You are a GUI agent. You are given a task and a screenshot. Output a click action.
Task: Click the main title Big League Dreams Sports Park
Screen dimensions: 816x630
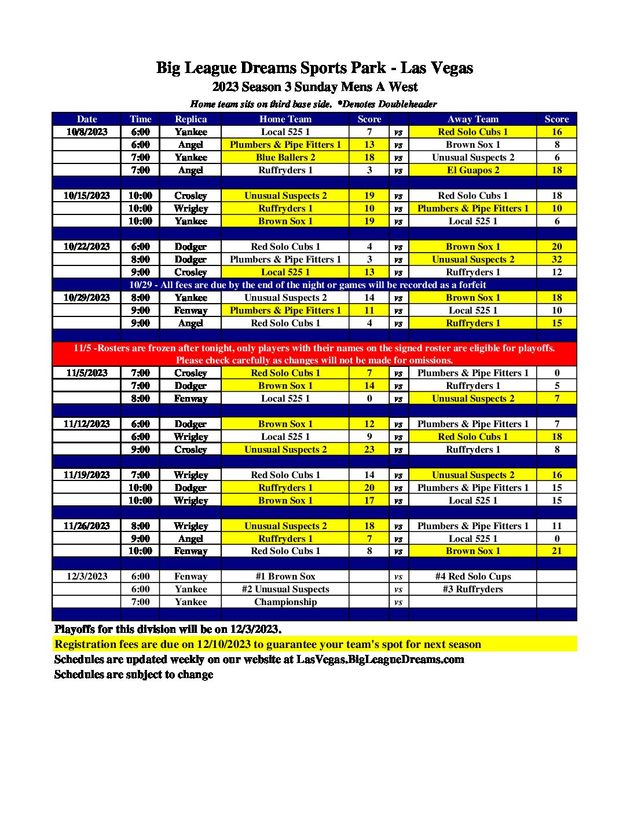coord(314,68)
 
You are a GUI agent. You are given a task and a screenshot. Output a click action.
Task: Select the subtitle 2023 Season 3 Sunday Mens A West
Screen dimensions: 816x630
coord(314,87)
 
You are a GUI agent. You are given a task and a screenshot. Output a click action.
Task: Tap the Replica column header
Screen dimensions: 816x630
coord(191,119)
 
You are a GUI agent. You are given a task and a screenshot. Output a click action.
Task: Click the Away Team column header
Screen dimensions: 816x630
coord(473,119)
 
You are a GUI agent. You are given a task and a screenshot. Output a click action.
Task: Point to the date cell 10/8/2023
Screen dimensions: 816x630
coord(87,132)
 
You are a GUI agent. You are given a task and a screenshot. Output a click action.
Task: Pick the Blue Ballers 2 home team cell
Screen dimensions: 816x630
coord(285,157)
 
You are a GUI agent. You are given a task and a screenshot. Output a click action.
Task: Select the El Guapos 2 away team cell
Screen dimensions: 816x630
coord(473,170)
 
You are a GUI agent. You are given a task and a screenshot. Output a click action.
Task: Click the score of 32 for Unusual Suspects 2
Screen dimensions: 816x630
coord(556,259)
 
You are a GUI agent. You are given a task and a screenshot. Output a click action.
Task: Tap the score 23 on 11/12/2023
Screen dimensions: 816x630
coord(369,449)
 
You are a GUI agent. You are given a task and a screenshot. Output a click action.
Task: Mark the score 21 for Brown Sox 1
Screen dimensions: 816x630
coord(556,551)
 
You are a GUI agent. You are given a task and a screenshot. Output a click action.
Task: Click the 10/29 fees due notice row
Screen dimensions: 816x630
coord(307,285)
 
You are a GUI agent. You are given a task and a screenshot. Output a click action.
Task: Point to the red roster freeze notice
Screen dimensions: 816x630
coord(314,354)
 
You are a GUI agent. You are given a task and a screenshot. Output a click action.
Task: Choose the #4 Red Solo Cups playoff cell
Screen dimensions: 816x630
coord(473,576)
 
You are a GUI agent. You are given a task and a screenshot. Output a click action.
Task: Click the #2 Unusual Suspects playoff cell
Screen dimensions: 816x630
coord(285,589)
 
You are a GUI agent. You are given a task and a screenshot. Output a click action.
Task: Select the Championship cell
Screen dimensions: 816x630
coord(285,602)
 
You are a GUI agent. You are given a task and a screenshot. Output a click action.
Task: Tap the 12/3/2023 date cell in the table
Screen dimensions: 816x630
coord(87,576)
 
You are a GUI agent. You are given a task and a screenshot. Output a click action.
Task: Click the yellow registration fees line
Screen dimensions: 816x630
coord(268,644)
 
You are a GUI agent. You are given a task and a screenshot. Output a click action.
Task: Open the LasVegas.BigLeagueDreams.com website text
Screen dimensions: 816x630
coord(380,659)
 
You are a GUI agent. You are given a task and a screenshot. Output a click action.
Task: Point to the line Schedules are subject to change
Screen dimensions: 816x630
coord(134,674)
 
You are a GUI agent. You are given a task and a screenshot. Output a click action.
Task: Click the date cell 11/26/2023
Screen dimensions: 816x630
coord(87,526)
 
